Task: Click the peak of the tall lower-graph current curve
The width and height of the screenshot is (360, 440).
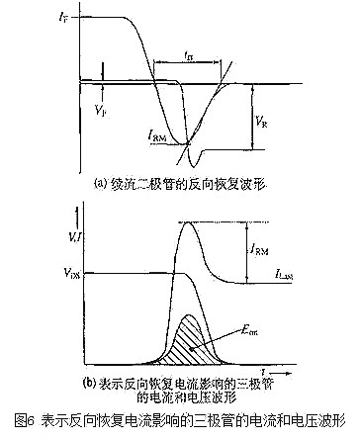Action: [x=196, y=224]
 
